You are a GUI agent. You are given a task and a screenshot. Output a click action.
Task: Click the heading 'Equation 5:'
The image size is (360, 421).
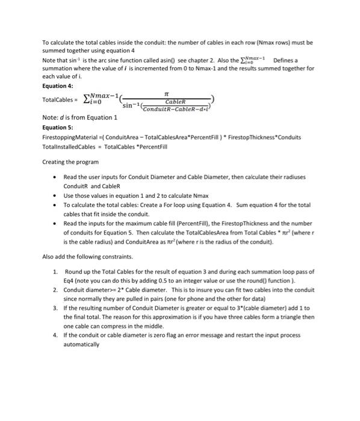pos(58,128)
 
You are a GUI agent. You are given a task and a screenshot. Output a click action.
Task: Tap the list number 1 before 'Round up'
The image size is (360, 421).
pos(55,272)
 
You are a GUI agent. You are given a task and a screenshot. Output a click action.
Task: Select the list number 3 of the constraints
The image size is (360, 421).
pos(55,307)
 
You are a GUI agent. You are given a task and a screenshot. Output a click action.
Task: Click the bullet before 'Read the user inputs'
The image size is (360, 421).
pos(55,178)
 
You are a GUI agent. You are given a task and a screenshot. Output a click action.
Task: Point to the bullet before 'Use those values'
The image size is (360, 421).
pos(55,196)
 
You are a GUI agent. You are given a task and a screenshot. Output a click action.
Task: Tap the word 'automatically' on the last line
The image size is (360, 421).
pos(81,346)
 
